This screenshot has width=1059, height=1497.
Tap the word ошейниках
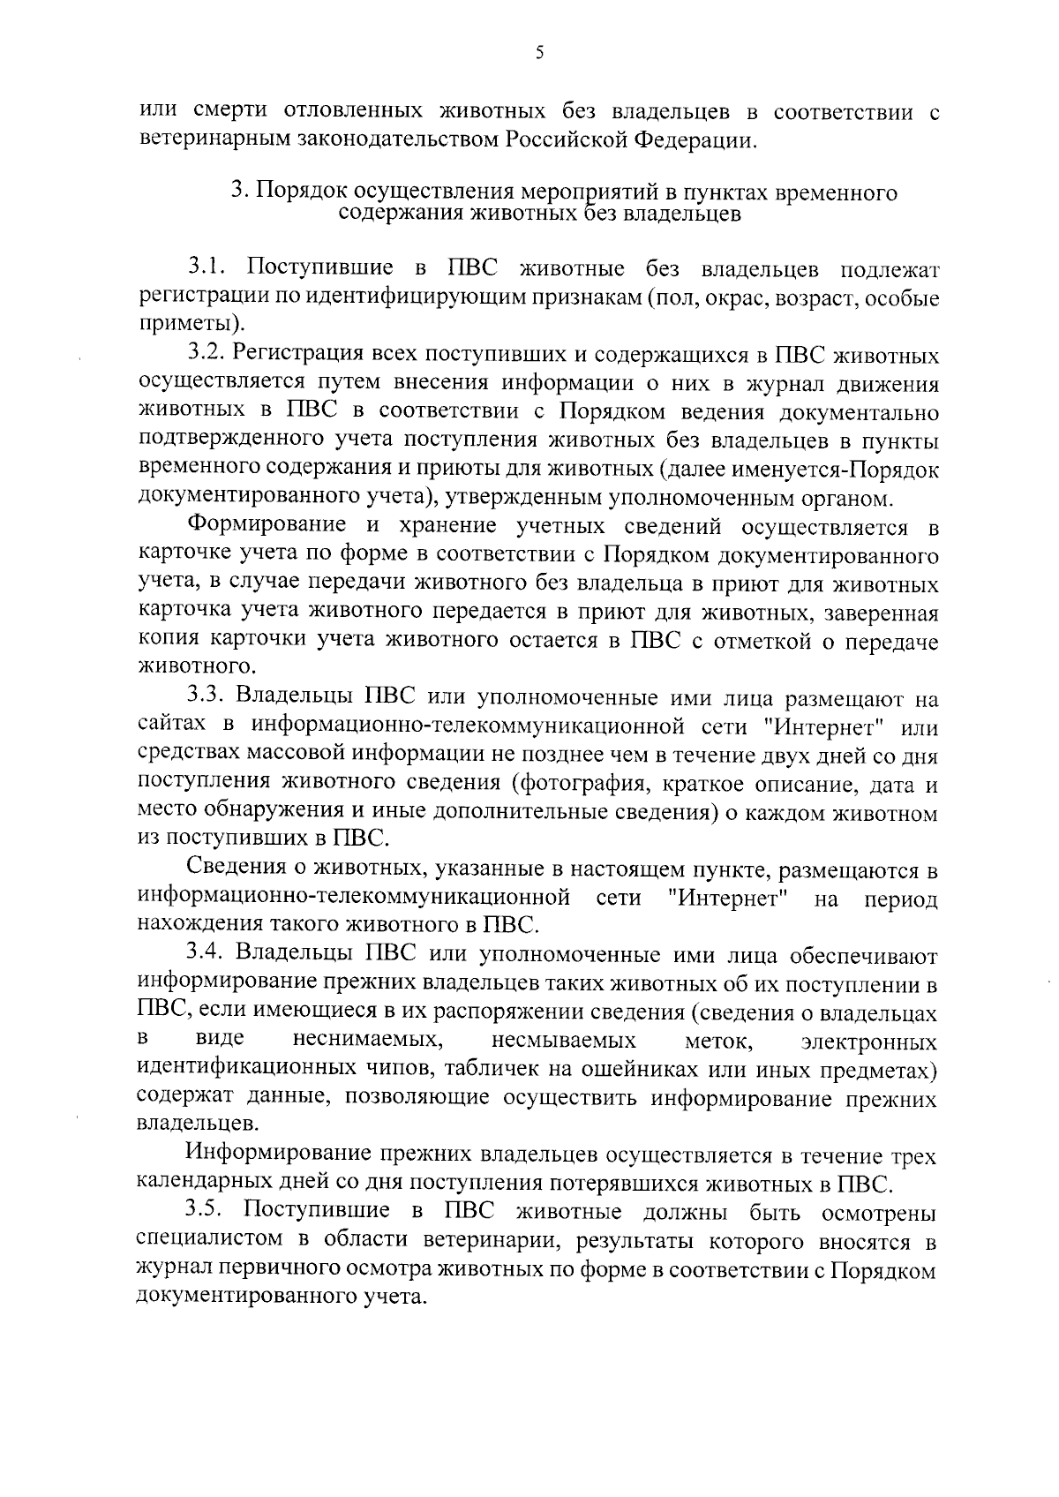tap(657, 1070)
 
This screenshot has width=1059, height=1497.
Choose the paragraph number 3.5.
tap(208, 1213)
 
